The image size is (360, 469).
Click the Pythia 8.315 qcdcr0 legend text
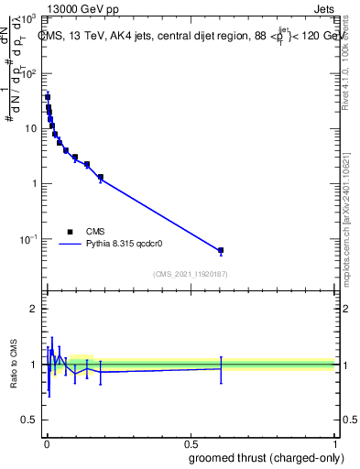click(125, 245)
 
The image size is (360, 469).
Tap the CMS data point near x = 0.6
click(221, 250)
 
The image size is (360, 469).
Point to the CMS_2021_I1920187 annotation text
click(190, 274)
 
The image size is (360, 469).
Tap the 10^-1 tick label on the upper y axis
click(30, 239)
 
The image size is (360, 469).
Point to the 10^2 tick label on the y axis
click(31, 73)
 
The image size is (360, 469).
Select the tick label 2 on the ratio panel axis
click(35, 309)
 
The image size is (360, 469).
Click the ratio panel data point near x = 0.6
click(221, 368)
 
